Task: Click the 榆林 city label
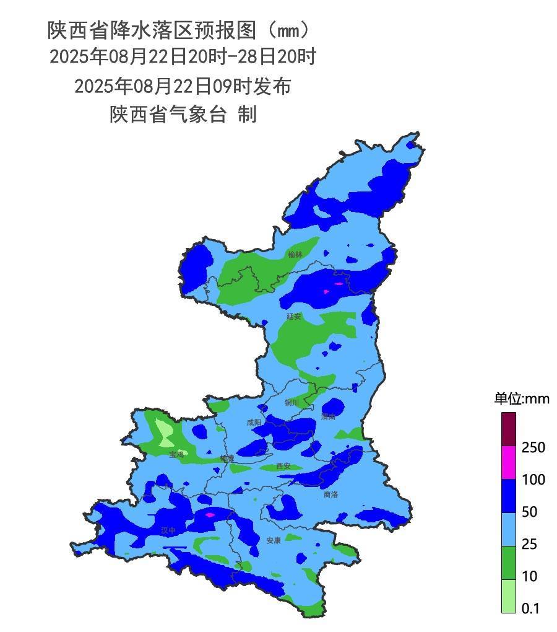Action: coord(295,254)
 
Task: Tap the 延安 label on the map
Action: coord(293,316)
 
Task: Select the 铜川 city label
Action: coord(291,403)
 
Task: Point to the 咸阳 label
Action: coord(254,423)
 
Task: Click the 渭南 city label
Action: coord(329,416)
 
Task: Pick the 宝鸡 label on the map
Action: coord(176,454)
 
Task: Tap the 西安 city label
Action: coord(283,466)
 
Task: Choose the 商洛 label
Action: coord(331,494)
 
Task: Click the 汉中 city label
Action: coord(168,530)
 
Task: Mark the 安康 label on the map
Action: coord(274,540)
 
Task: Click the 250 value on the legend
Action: coord(533,447)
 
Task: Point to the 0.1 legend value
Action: coord(530,608)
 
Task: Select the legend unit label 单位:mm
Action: coord(521,399)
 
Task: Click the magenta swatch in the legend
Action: coord(508,462)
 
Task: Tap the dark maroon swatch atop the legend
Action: coord(508,429)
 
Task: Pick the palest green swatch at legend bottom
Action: coord(508,596)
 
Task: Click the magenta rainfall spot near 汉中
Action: coord(209,514)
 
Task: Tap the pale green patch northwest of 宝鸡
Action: coord(165,431)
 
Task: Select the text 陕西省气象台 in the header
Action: coord(168,115)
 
